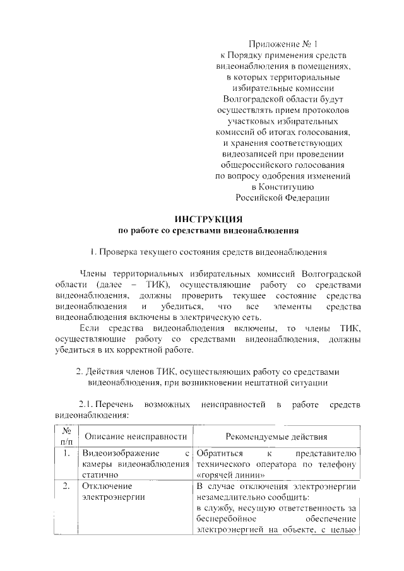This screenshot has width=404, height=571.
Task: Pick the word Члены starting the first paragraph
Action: click(x=93, y=274)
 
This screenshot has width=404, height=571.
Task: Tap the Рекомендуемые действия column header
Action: click(x=276, y=437)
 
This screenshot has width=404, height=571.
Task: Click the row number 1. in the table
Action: click(x=66, y=454)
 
